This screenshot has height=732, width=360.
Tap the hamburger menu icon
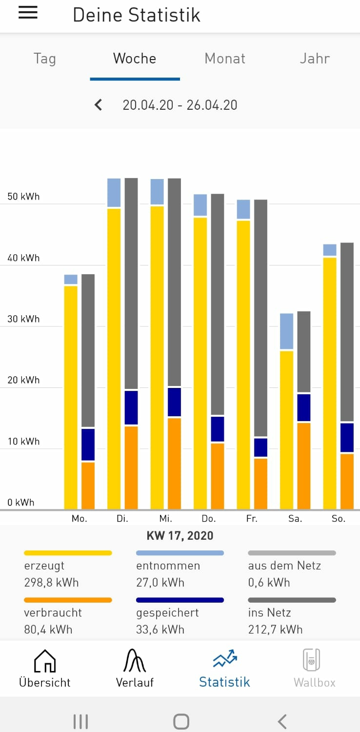(x=28, y=13)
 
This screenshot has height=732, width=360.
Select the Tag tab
(x=44, y=59)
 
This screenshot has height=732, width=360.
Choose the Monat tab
(x=225, y=59)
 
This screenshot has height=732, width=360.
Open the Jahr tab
(x=315, y=59)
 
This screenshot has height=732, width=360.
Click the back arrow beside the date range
(x=99, y=105)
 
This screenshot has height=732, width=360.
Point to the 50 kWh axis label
(x=23, y=197)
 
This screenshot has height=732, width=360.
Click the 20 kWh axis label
(x=23, y=380)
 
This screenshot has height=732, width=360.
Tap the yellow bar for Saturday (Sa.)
(x=287, y=429)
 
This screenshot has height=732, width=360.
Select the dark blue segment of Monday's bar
(x=88, y=444)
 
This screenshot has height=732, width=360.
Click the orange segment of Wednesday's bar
(x=174, y=463)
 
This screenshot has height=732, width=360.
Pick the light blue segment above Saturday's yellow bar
(x=287, y=331)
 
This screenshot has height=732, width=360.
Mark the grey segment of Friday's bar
(x=261, y=317)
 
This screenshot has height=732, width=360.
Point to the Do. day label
(x=209, y=519)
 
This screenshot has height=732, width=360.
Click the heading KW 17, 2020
(x=180, y=536)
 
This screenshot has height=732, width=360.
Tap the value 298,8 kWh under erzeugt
(x=51, y=582)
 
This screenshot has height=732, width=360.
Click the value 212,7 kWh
(x=275, y=629)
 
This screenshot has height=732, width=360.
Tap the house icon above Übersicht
(x=44, y=661)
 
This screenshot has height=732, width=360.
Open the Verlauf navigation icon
(x=135, y=661)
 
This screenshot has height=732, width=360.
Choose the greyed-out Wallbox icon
(x=311, y=660)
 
